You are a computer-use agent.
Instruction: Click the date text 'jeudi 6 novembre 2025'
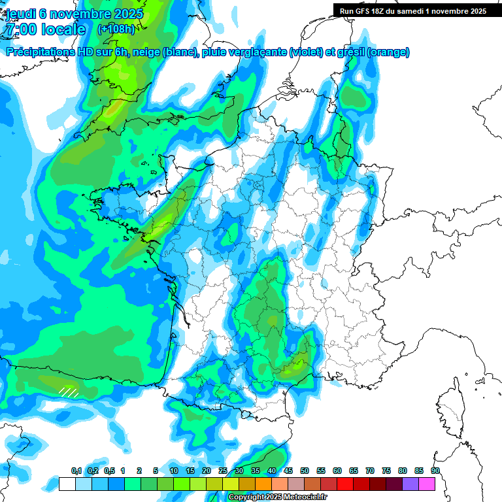pyautogui.click(x=74, y=14)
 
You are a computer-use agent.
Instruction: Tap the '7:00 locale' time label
pyautogui.click(x=45, y=29)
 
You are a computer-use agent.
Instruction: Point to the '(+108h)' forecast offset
pyautogui.click(x=116, y=29)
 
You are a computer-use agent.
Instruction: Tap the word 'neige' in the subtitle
pyautogui.click(x=144, y=52)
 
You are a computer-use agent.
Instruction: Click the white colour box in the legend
pyautogui.click(x=67, y=484)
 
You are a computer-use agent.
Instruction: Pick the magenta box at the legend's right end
pyautogui.click(x=427, y=484)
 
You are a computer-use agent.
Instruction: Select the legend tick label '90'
pyautogui.click(x=435, y=471)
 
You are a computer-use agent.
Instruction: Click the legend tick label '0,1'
pyautogui.click(x=76, y=471)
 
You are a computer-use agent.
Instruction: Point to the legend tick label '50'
pyautogui.click(x=305, y=471)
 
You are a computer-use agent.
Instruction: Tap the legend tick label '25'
pyautogui.click(x=223, y=471)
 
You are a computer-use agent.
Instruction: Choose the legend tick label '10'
pyautogui.click(x=174, y=471)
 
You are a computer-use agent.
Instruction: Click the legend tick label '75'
pyautogui.click(x=386, y=471)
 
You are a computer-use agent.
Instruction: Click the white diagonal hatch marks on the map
pyautogui.click(x=69, y=392)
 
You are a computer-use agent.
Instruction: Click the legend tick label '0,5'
pyautogui.click(x=109, y=471)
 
